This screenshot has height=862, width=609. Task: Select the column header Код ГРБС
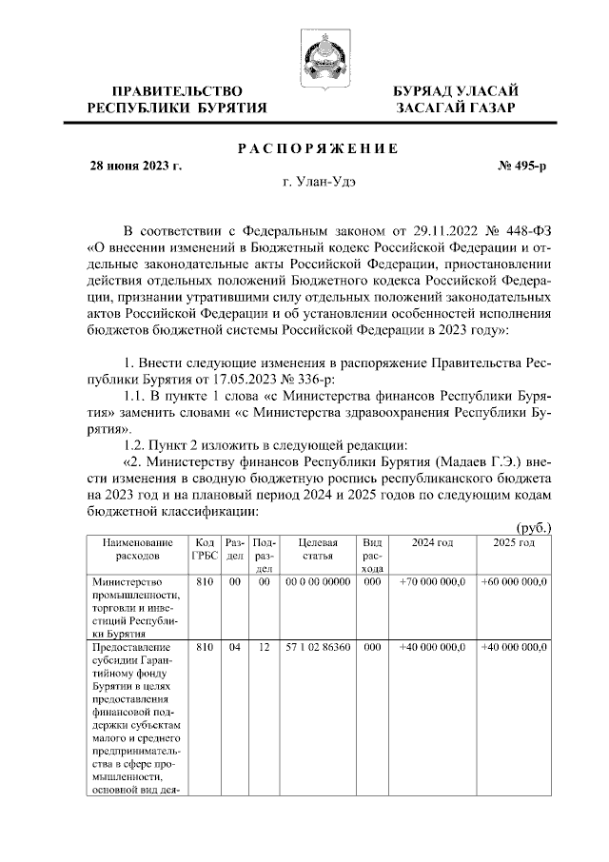click(x=204, y=548)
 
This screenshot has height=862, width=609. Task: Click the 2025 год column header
click(x=513, y=542)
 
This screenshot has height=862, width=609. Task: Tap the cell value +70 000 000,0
click(x=431, y=581)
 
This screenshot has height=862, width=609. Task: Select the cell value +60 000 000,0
click(x=513, y=581)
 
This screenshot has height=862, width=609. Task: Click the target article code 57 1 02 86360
click(x=317, y=647)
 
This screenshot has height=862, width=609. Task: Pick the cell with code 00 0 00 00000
click(x=317, y=581)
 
